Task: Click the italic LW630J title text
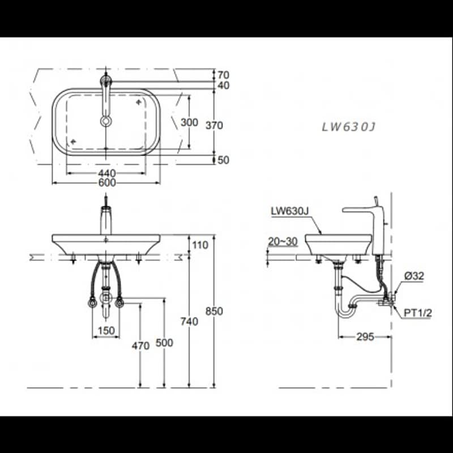349,127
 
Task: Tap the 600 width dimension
107,182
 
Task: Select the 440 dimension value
107,173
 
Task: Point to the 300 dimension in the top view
189,122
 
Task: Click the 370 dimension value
214,125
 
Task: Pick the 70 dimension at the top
223,75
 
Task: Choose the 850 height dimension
214,311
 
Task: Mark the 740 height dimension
189,321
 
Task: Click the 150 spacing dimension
106,331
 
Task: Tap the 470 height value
140,345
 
